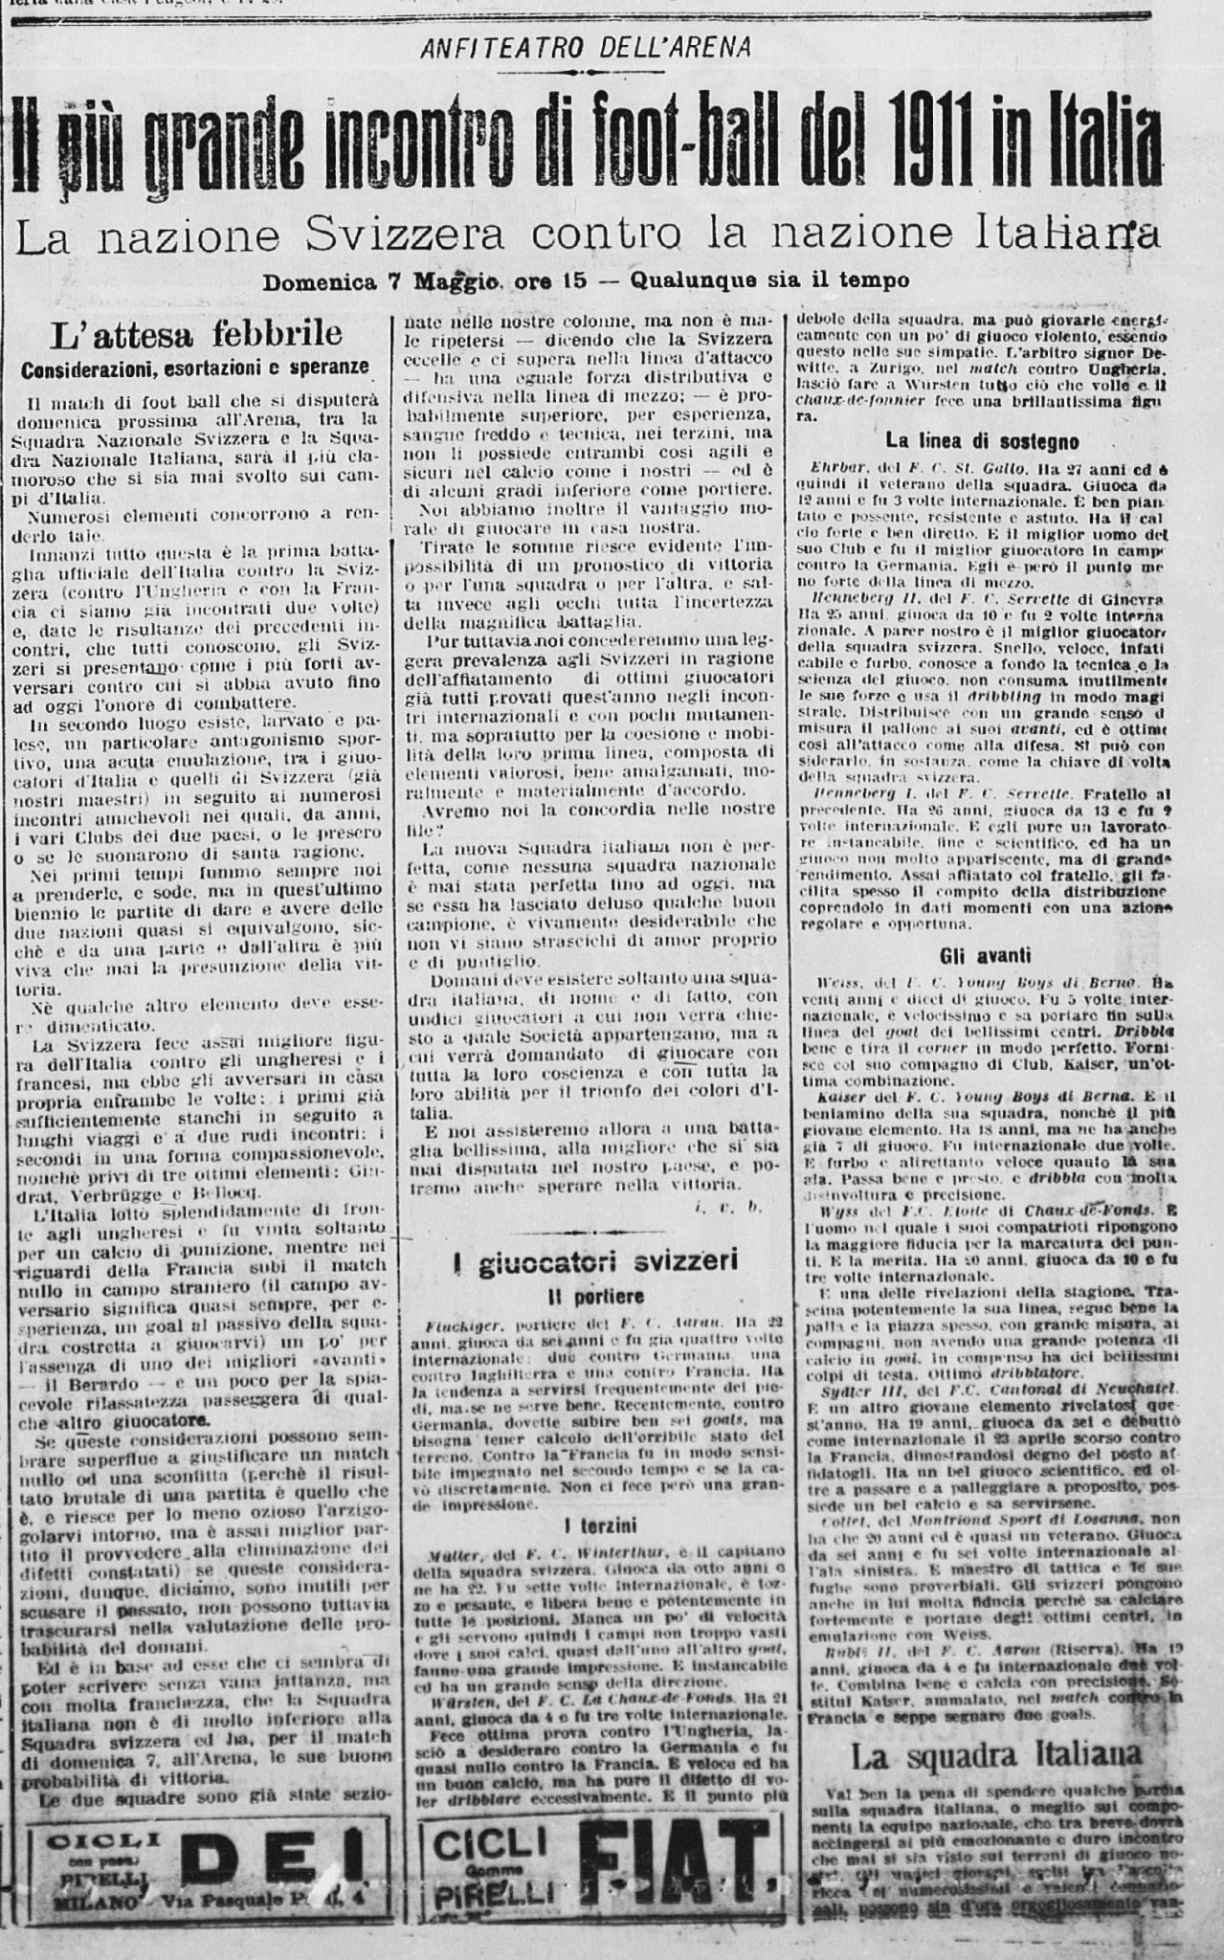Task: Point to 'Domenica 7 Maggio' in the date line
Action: tap(384, 282)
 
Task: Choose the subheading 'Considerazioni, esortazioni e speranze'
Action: tap(195, 368)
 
